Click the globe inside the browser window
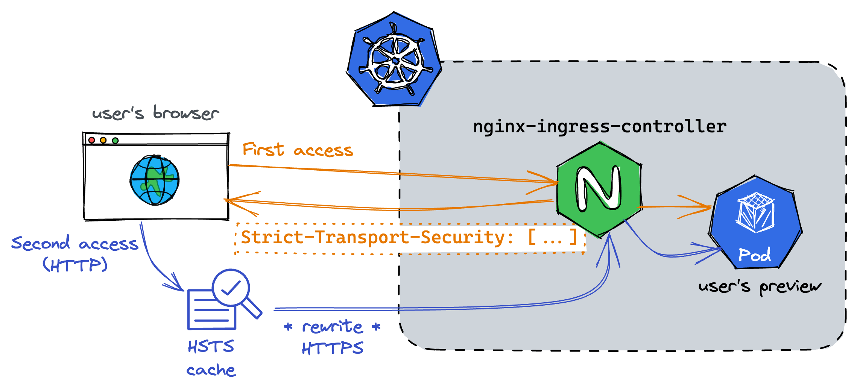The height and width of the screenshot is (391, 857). [155, 180]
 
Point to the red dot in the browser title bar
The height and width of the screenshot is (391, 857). [91, 140]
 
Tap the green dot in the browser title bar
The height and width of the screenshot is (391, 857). [115, 140]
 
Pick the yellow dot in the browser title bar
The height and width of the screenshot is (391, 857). [103, 140]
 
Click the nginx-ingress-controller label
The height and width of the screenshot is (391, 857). [600, 127]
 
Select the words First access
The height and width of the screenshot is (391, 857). [298, 150]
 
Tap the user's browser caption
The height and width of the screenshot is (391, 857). [155, 113]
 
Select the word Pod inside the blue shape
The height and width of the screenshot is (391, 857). [755, 255]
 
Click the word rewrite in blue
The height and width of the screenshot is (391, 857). [333, 327]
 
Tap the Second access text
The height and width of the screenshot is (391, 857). [74, 244]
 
